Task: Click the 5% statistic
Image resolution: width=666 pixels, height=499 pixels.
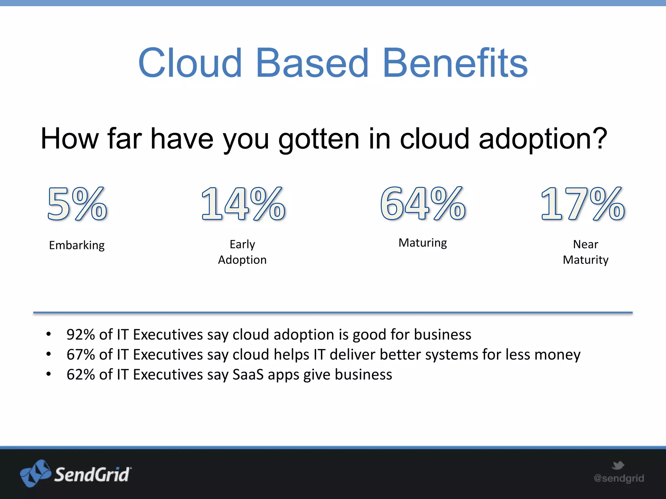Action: (77, 204)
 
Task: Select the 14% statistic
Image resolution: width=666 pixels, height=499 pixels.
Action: (243, 204)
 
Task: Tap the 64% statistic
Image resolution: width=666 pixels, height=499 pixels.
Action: (423, 204)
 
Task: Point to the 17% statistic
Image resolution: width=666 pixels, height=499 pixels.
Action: (582, 204)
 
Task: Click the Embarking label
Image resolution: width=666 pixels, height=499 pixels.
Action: (77, 245)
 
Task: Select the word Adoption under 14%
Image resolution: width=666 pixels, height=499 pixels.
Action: (242, 260)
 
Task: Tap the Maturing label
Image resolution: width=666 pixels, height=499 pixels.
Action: (423, 243)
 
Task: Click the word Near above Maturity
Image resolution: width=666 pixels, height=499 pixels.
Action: (585, 244)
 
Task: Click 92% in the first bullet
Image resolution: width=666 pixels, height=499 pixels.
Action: (80, 335)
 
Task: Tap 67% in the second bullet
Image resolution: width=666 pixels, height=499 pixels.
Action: (80, 354)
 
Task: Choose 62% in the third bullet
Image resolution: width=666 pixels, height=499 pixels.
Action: (80, 375)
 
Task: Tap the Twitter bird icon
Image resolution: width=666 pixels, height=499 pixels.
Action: (618, 465)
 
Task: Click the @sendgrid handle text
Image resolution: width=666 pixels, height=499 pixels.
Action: (619, 478)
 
